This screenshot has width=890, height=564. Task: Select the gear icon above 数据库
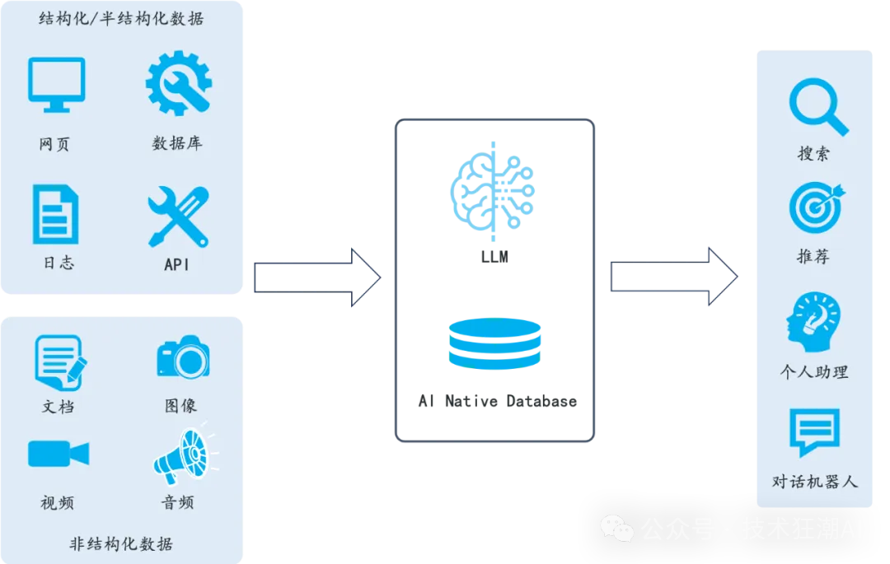(178, 83)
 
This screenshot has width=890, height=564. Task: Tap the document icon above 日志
(56, 214)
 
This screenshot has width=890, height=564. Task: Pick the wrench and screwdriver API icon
(177, 216)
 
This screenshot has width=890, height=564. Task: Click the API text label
(177, 264)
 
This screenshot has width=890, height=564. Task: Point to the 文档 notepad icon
(59, 361)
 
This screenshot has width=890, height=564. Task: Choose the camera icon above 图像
(183, 357)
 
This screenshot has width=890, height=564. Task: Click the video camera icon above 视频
(58, 454)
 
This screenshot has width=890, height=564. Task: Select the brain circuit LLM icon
(493, 189)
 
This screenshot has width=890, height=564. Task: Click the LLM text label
(494, 256)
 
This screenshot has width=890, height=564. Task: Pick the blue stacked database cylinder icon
(494, 343)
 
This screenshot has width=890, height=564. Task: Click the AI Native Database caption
(497, 402)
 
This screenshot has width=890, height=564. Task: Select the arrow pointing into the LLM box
(317, 277)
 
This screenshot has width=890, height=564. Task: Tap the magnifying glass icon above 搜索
(817, 106)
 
